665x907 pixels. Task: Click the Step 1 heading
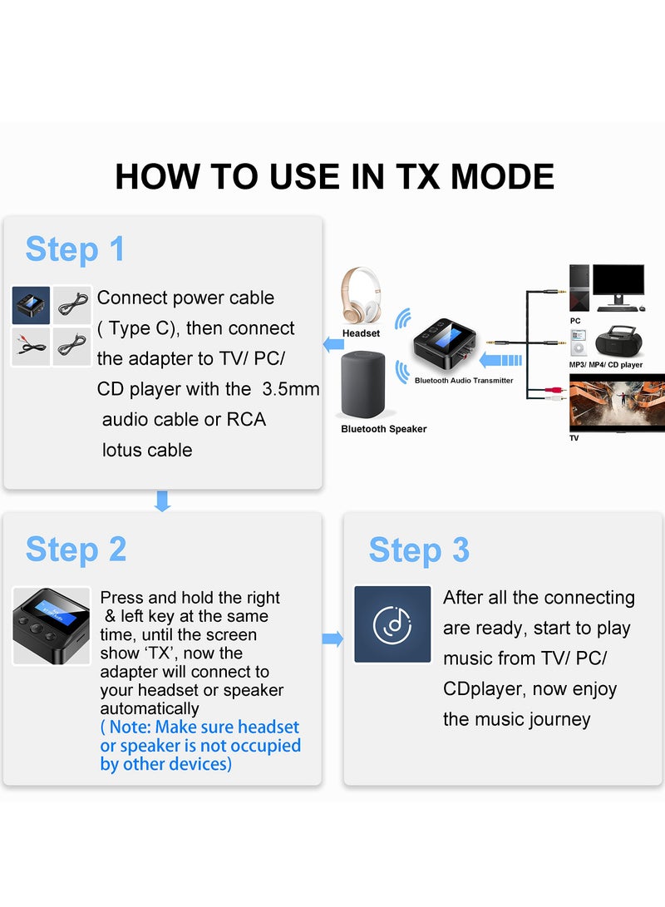pyautogui.click(x=75, y=249)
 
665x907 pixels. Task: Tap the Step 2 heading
pyautogui.click(x=76, y=550)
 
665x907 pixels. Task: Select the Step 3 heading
pyautogui.click(x=419, y=550)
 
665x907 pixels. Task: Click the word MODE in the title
pyautogui.click(x=499, y=177)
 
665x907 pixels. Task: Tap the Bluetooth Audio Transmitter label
pyautogui.click(x=464, y=381)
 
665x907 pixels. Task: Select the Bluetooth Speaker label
pyautogui.click(x=383, y=429)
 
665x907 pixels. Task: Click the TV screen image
pyautogui.click(x=616, y=402)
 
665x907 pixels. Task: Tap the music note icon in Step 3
pyautogui.click(x=392, y=624)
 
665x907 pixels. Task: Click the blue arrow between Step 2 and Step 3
pyautogui.click(x=332, y=638)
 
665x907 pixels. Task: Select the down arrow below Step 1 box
pyautogui.click(x=162, y=500)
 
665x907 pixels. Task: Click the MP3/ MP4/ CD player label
pyautogui.click(x=605, y=365)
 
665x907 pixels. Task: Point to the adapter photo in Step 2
pyautogui.click(x=40, y=625)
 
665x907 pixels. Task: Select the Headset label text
pyautogui.click(x=361, y=333)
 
